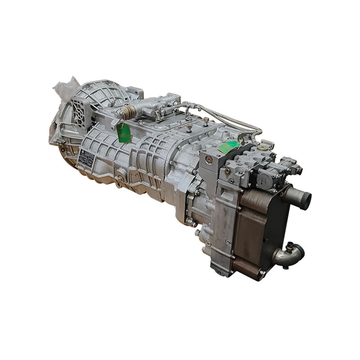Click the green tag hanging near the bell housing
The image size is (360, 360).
[x=124, y=133]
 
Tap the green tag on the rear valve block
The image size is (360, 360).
[x=228, y=147]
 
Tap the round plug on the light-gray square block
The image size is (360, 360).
[x=209, y=160]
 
